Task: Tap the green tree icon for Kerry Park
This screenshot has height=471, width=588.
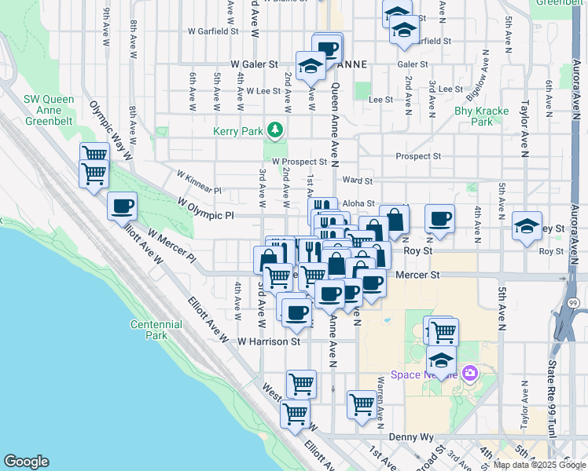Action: coord(274,130)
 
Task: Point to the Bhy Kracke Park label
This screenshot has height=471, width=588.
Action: coord(481,116)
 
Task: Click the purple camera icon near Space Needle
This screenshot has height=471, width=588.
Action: coord(470,373)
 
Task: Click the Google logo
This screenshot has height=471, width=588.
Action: coord(27,461)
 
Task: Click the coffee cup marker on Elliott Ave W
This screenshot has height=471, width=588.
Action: coord(122,207)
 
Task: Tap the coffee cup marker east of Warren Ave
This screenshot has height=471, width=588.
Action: coord(440,219)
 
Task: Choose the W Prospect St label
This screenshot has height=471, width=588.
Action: coord(299,161)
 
